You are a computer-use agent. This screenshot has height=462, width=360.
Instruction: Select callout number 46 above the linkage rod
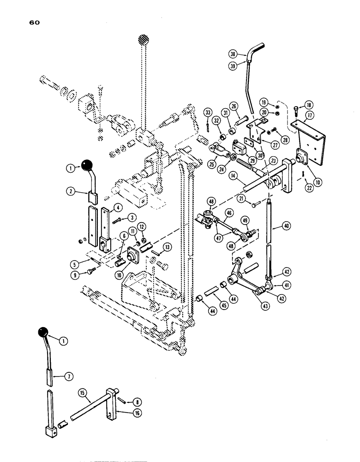tap(228, 213)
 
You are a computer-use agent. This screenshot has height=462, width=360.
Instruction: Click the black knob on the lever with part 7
tap(43, 332)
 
